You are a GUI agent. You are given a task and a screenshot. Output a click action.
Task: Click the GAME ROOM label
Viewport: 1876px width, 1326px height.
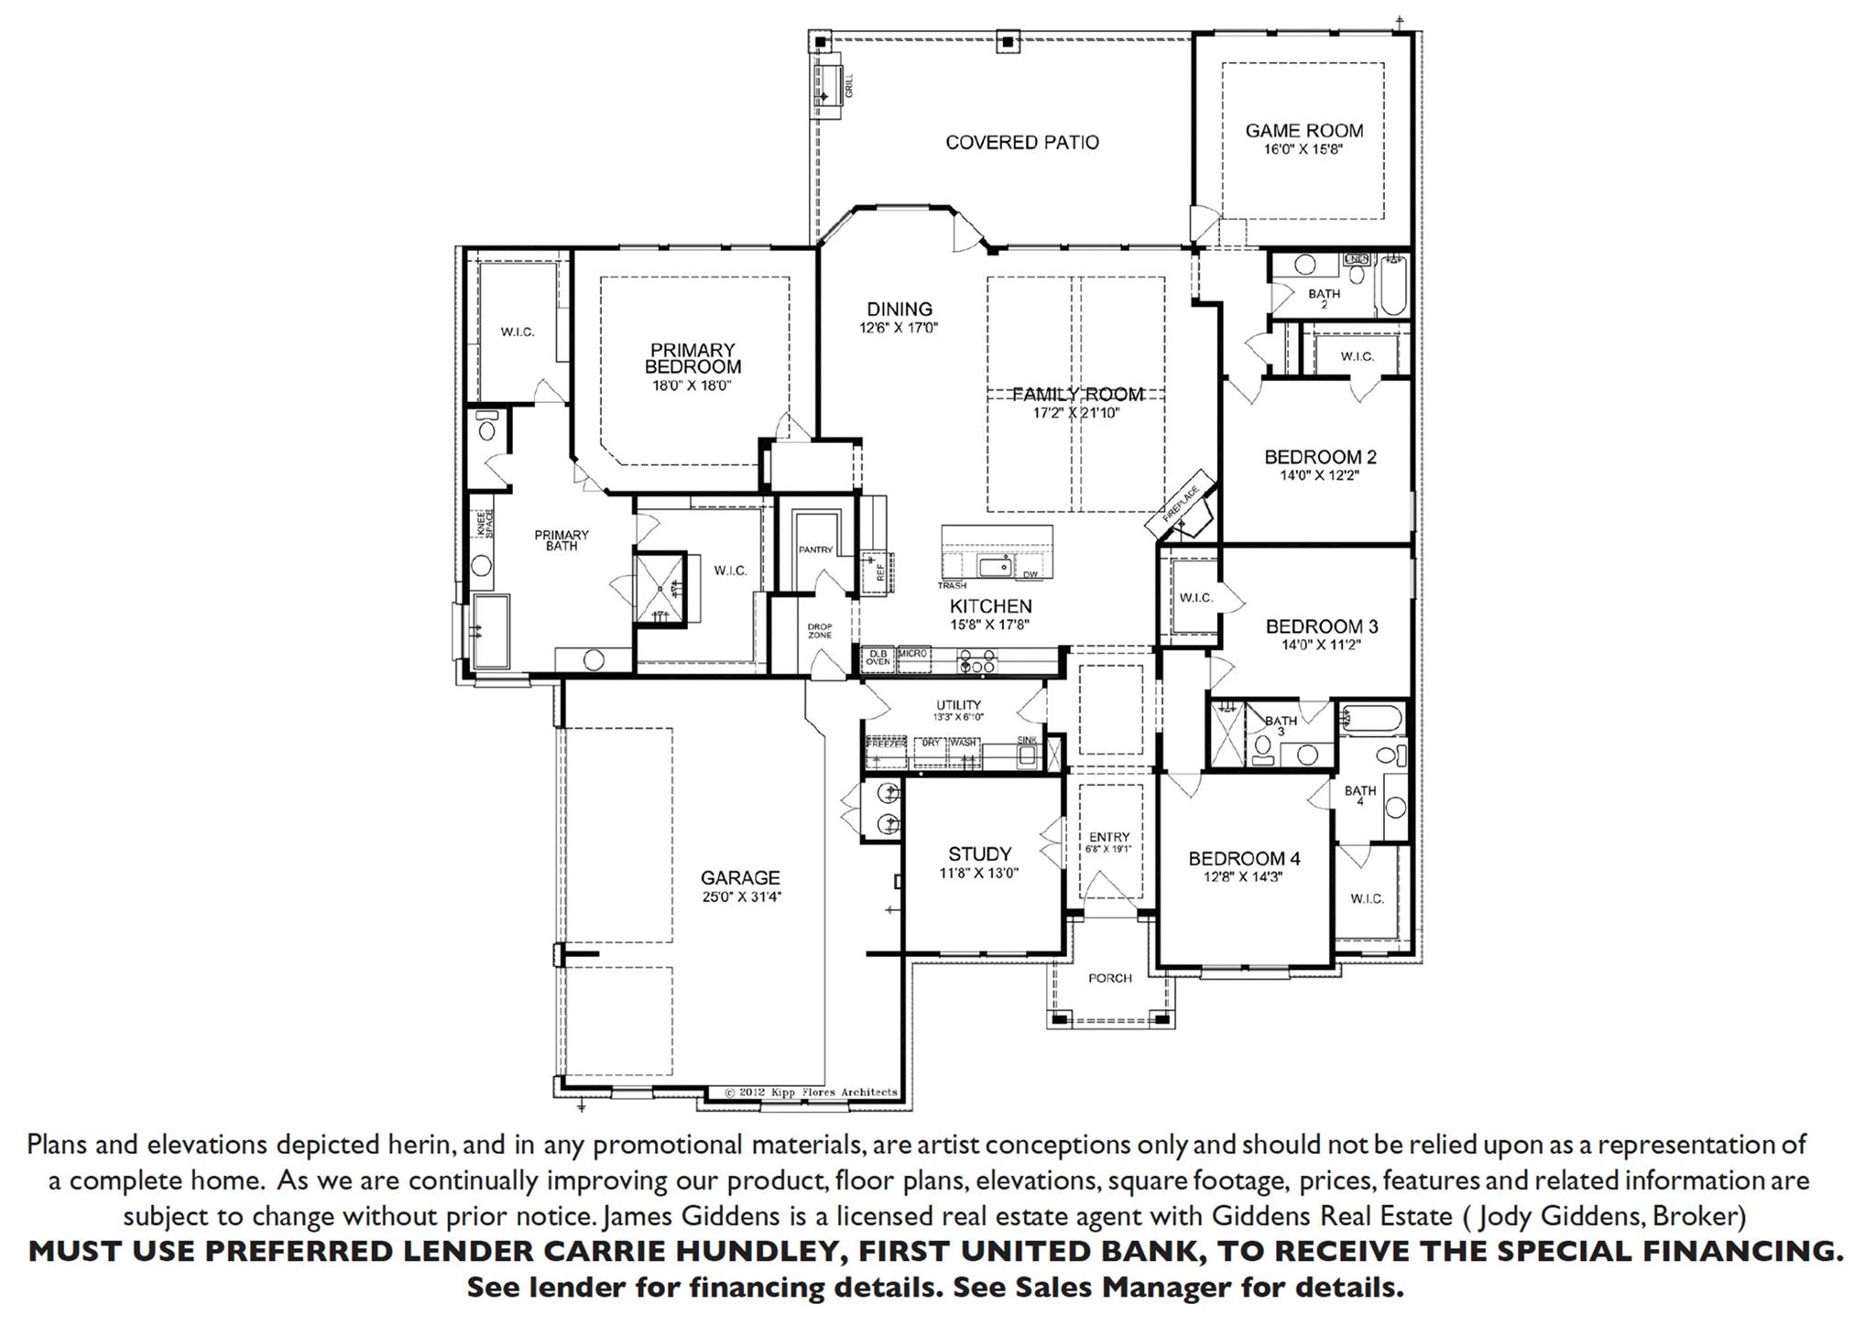pos(1303,131)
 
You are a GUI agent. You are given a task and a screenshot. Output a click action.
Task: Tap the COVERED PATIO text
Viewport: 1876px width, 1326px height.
pos(1021,143)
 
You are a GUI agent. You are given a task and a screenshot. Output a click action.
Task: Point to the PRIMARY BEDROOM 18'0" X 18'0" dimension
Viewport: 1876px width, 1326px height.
pos(693,386)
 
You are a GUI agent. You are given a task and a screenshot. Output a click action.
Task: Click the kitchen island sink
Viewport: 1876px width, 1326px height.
pos(994,567)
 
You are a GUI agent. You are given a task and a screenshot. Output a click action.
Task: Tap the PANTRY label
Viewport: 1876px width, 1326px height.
pos(815,549)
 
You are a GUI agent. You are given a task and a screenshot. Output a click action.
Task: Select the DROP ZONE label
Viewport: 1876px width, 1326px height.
pos(819,630)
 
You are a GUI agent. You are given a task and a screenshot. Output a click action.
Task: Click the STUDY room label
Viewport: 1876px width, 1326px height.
pos(979,854)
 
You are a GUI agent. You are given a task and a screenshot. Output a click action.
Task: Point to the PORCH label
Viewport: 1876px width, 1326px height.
pos(1109,978)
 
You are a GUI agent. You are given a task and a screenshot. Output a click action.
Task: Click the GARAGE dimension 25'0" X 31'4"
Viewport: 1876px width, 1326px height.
pos(740,897)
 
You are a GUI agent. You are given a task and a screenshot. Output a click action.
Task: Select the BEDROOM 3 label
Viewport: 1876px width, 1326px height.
pos(1321,626)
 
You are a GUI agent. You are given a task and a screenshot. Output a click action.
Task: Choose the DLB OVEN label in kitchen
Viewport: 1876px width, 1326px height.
pos(878,657)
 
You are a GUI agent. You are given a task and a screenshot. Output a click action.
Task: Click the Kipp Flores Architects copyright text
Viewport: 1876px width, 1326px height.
pos(811,1092)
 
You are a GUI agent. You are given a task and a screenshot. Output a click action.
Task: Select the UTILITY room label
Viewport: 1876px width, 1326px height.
pos(958,705)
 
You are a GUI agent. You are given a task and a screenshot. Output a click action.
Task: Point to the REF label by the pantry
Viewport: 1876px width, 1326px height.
pos(880,572)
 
